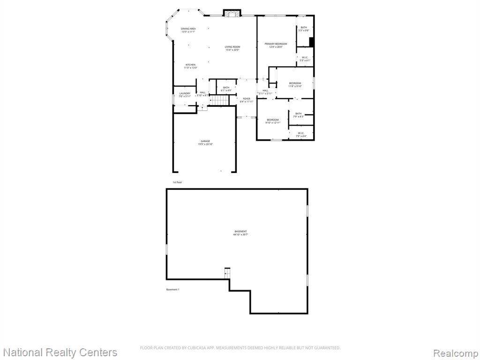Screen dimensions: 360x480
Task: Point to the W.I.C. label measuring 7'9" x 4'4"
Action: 301,135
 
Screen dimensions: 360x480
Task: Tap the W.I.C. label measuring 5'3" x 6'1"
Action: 305,59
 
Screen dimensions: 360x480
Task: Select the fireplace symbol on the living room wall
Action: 231,13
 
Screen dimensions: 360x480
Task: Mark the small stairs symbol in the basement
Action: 228,273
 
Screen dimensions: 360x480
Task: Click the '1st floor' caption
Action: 177,182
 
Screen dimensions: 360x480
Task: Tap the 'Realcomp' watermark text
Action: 454,352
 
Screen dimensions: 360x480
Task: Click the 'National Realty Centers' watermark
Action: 60,352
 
